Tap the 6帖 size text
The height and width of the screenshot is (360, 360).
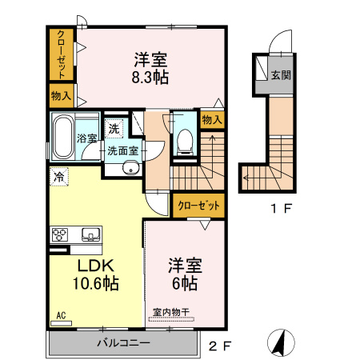click(183, 283)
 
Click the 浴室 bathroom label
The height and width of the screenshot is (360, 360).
click(87, 138)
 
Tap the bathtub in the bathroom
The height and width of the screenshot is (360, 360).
click(62, 137)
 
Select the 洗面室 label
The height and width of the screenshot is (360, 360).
click(124, 150)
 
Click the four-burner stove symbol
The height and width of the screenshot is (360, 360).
click(62, 234)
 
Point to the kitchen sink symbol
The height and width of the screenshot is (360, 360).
click(90, 234)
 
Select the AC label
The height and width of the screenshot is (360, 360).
click(61, 316)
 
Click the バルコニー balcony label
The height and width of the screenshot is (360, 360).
click(124, 342)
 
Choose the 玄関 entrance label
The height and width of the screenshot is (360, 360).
click(279, 76)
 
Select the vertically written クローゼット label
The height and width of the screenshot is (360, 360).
click(61, 54)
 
